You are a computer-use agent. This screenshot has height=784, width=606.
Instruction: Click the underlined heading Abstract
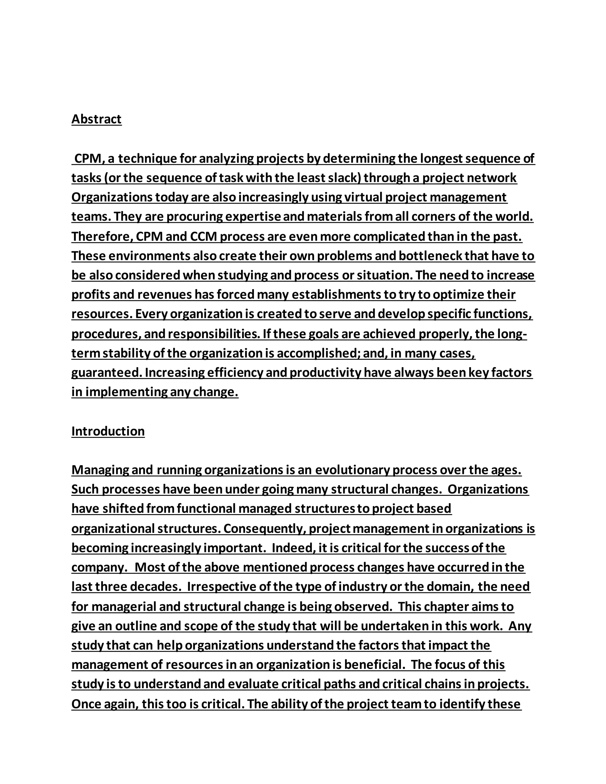pyautogui.click(x=96, y=119)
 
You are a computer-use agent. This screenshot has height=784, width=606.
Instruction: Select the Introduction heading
pyautogui.click(x=108, y=431)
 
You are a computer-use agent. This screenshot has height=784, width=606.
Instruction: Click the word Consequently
pyautogui.click(x=265, y=528)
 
